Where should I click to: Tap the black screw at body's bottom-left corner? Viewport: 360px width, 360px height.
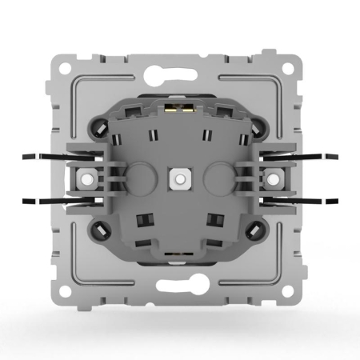(x=103, y=230)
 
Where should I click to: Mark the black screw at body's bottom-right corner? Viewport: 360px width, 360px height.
(x=256, y=230)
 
